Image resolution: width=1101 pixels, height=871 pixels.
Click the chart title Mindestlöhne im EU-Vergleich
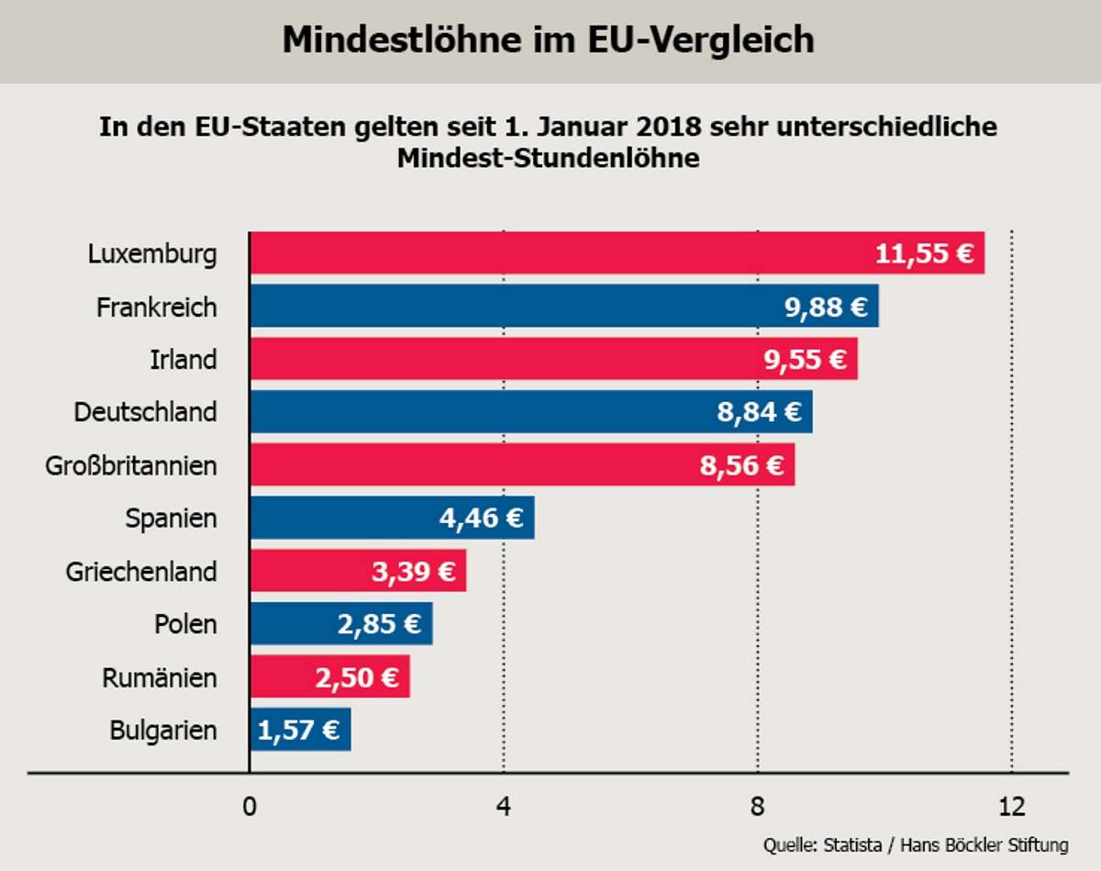(x=548, y=40)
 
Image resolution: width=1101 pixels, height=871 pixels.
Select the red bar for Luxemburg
(x=550, y=252)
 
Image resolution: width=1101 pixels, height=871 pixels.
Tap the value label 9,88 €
(x=826, y=307)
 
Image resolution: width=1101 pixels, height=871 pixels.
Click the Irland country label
(x=183, y=360)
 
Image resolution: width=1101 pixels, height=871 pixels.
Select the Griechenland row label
(x=141, y=572)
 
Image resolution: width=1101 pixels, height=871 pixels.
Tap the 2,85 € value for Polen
(x=379, y=625)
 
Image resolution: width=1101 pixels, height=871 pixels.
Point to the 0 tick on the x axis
(x=249, y=807)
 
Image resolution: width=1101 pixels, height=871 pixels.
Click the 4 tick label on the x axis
(x=503, y=807)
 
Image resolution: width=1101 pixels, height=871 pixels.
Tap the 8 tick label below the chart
(x=757, y=807)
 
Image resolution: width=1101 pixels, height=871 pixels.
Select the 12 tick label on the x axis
(x=1011, y=807)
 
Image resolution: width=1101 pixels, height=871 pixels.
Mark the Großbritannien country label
(x=131, y=466)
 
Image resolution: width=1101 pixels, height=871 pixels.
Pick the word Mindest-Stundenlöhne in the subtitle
(x=548, y=158)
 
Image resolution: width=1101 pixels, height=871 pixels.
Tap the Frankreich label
(x=156, y=307)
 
